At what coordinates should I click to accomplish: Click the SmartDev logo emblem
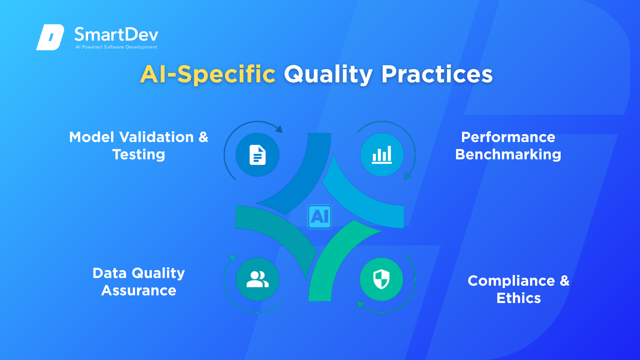point(50,37)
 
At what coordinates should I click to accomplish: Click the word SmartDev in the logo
point(116,34)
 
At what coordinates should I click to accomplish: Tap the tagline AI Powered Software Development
point(116,47)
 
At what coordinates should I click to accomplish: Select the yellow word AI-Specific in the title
point(208,74)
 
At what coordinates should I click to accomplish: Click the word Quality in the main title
point(328,74)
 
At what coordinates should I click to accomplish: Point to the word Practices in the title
point(437,74)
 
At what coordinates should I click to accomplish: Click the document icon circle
point(257,155)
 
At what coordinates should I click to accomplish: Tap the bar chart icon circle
point(382,155)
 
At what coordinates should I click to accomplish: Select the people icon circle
point(257,279)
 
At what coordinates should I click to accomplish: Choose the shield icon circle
point(382,279)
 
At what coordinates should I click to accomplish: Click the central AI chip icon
point(320,217)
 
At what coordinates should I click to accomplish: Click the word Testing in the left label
point(139,155)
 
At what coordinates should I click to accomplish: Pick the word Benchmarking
point(508,155)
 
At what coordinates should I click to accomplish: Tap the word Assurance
point(139,290)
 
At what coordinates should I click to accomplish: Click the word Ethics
point(519,298)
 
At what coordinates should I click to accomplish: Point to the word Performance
point(508,137)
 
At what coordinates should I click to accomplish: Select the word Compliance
point(511,281)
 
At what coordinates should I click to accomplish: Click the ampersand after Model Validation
point(203,137)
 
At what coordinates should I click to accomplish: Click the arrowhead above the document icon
point(279,129)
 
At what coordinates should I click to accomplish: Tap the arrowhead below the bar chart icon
point(407,176)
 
